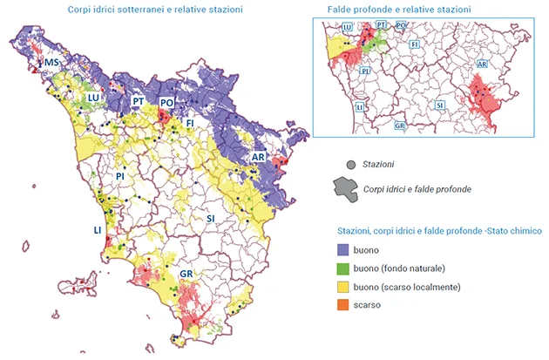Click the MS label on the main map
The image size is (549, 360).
pyautogui.click(x=53, y=64)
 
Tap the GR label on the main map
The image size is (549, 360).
pyautogui.click(x=186, y=274)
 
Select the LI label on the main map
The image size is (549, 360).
pyautogui.click(x=98, y=230)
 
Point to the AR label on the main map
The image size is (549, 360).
pyautogui.click(x=258, y=157)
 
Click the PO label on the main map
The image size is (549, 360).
pyautogui.click(x=167, y=103)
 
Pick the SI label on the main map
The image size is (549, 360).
pyautogui.click(x=211, y=218)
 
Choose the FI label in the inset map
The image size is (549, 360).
pyautogui.click(x=414, y=44)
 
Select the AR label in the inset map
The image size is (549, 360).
pyautogui.click(x=481, y=65)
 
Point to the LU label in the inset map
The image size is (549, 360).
pyautogui.click(x=348, y=28)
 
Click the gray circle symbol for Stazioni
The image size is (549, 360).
pyautogui.click(x=349, y=164)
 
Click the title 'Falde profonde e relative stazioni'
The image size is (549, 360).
pyautogui.click(x=398, y=9)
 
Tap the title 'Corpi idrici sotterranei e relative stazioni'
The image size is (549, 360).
pyautogui.click(x=155, y=9)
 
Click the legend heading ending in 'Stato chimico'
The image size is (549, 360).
pyautogui.click(x=439, y=233)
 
